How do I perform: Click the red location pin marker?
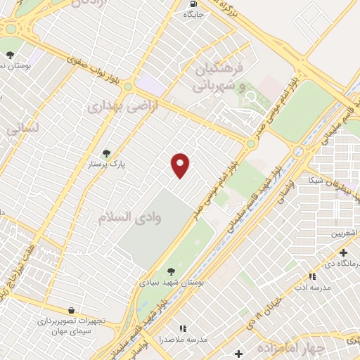(181, 165)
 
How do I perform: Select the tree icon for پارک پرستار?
(106, 153)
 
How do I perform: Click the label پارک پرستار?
(108, 164)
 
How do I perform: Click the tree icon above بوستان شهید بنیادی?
(171, 271)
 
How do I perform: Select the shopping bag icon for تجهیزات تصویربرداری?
(71, 309)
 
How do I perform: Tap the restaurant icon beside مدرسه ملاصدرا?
(183, 328)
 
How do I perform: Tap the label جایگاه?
(193, 13)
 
